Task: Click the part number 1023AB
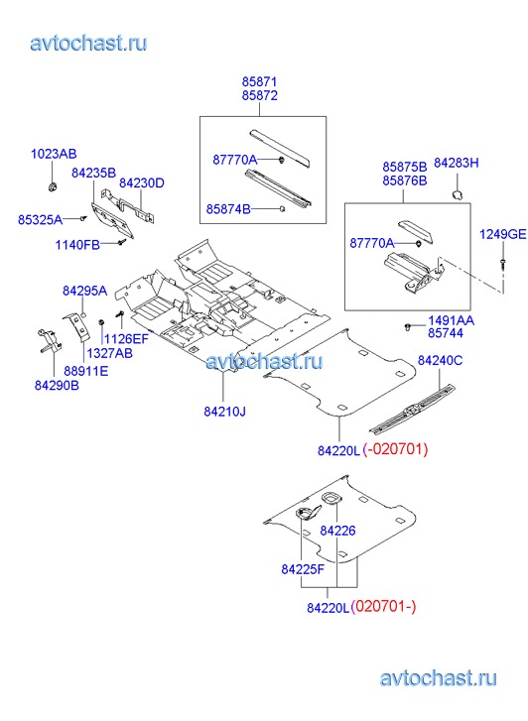tap(54, 154)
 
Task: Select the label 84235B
tap(93, 173)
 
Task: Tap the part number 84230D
tap(142, 183)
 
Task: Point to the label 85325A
tap(40, 220)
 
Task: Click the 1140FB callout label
tap(77, 245)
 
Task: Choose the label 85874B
tap(228, 209)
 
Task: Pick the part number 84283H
tap(457, 164)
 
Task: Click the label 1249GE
tap(502, 234)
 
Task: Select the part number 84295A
tap(84, 291)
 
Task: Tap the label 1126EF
tap(126, 339)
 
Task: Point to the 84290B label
tap(57, 386)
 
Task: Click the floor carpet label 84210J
tap(224, 412)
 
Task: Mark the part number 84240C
tap(440, 361)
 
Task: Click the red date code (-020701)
tap(395, 449)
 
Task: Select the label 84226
tap(337, 531)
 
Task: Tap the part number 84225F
tap(303, 569)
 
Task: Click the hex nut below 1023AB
tap(52, 186)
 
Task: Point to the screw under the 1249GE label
tap(502, 263)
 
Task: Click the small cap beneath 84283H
tap(457, 194)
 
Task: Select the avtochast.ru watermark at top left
tap(88, 43)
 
